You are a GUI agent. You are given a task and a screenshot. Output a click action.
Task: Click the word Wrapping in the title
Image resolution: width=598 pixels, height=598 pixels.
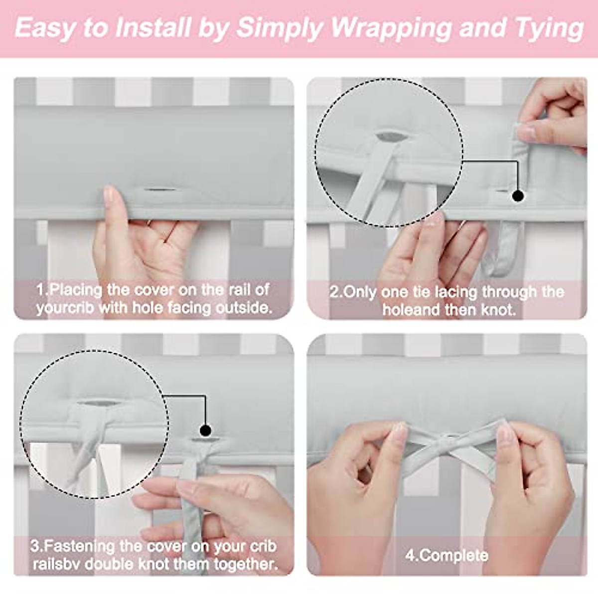tap(392, 28)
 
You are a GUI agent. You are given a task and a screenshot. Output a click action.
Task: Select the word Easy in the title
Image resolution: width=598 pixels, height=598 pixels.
tap(45, 28)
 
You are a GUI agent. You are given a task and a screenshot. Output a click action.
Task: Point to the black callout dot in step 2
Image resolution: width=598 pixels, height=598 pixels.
tap(518, 196)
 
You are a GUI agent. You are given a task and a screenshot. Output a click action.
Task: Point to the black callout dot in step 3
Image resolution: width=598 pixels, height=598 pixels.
tap(205, 431)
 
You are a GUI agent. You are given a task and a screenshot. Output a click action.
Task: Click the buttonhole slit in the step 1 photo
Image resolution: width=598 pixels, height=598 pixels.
tap(160, 189)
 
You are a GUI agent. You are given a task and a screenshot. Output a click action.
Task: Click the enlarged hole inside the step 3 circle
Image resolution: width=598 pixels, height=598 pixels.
tap(99, 404)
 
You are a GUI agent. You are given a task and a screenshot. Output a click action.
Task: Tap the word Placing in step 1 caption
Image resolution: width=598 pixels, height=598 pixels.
tap(76, 291)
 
